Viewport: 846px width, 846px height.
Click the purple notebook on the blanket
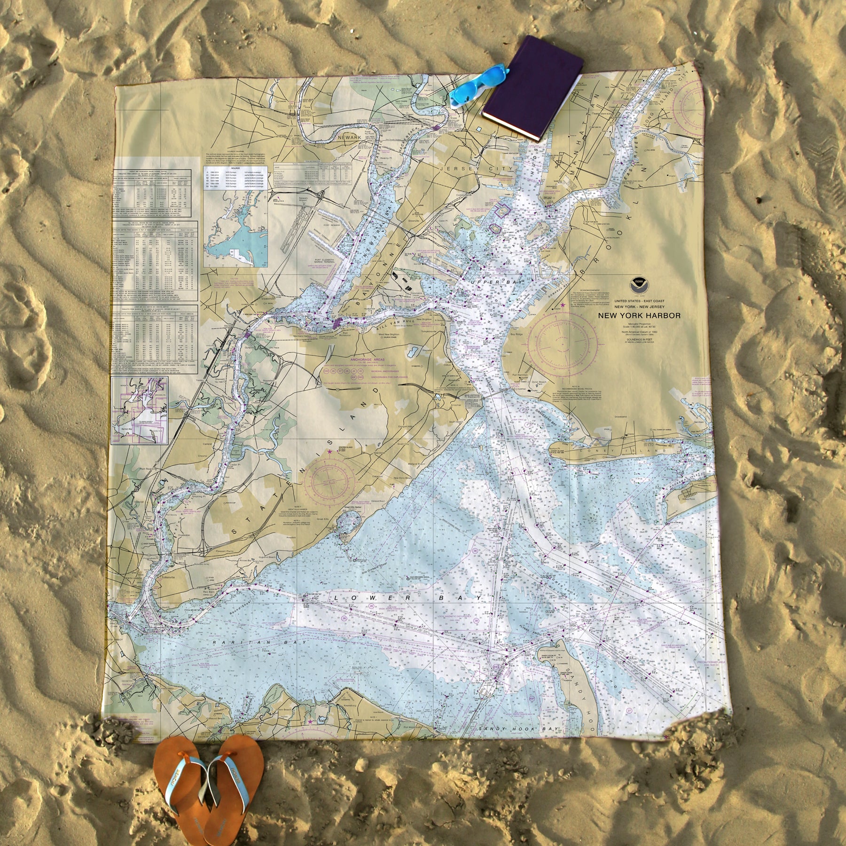coord(533,88)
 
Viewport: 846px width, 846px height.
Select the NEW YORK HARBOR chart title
coord(639,315)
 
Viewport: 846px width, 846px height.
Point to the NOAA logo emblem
coord(639,284)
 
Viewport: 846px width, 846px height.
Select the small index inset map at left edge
coord(139,411)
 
